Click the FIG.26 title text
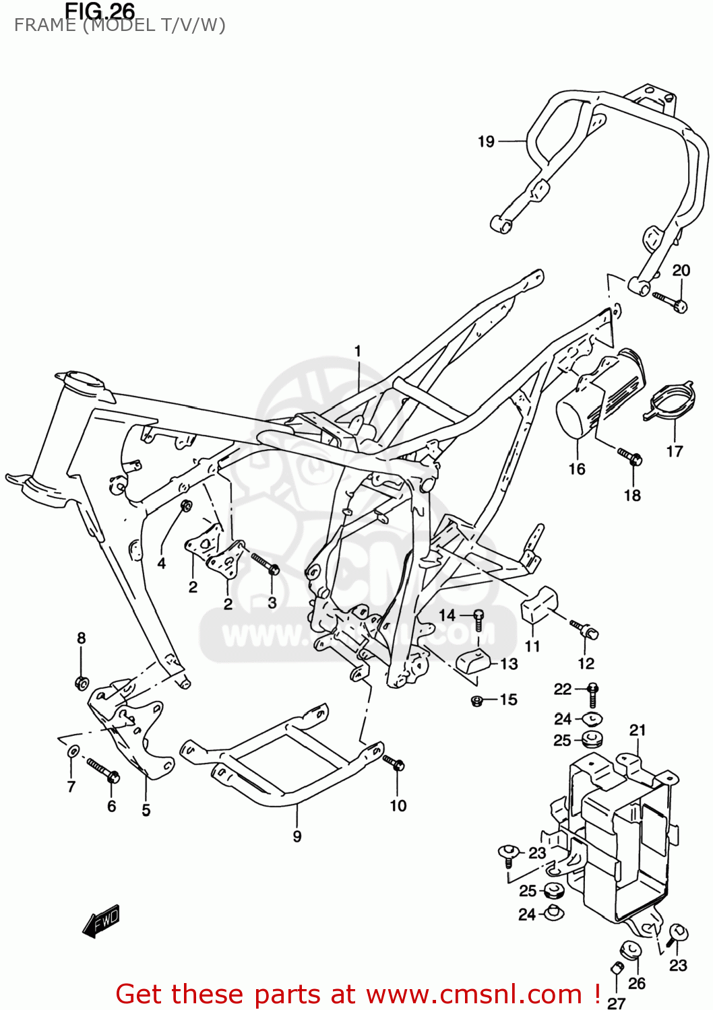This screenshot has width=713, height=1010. (100, 11)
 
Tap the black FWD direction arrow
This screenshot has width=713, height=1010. (101, 920)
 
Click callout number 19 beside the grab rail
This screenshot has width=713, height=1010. (486, 141)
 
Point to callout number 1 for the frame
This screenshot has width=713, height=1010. (358, 351)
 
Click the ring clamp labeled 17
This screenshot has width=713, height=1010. (669, 402)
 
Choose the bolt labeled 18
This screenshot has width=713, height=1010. (629, 457)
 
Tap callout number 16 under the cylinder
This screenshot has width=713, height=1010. (577, 469)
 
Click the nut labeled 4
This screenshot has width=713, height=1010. (186, 505)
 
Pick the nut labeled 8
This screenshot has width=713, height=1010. (82, 683)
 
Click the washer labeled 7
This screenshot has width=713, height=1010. (72, 751)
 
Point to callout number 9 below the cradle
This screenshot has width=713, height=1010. (297, 836)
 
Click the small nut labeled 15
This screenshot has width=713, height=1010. (476, 701)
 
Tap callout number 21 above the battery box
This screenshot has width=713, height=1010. (638, 730)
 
